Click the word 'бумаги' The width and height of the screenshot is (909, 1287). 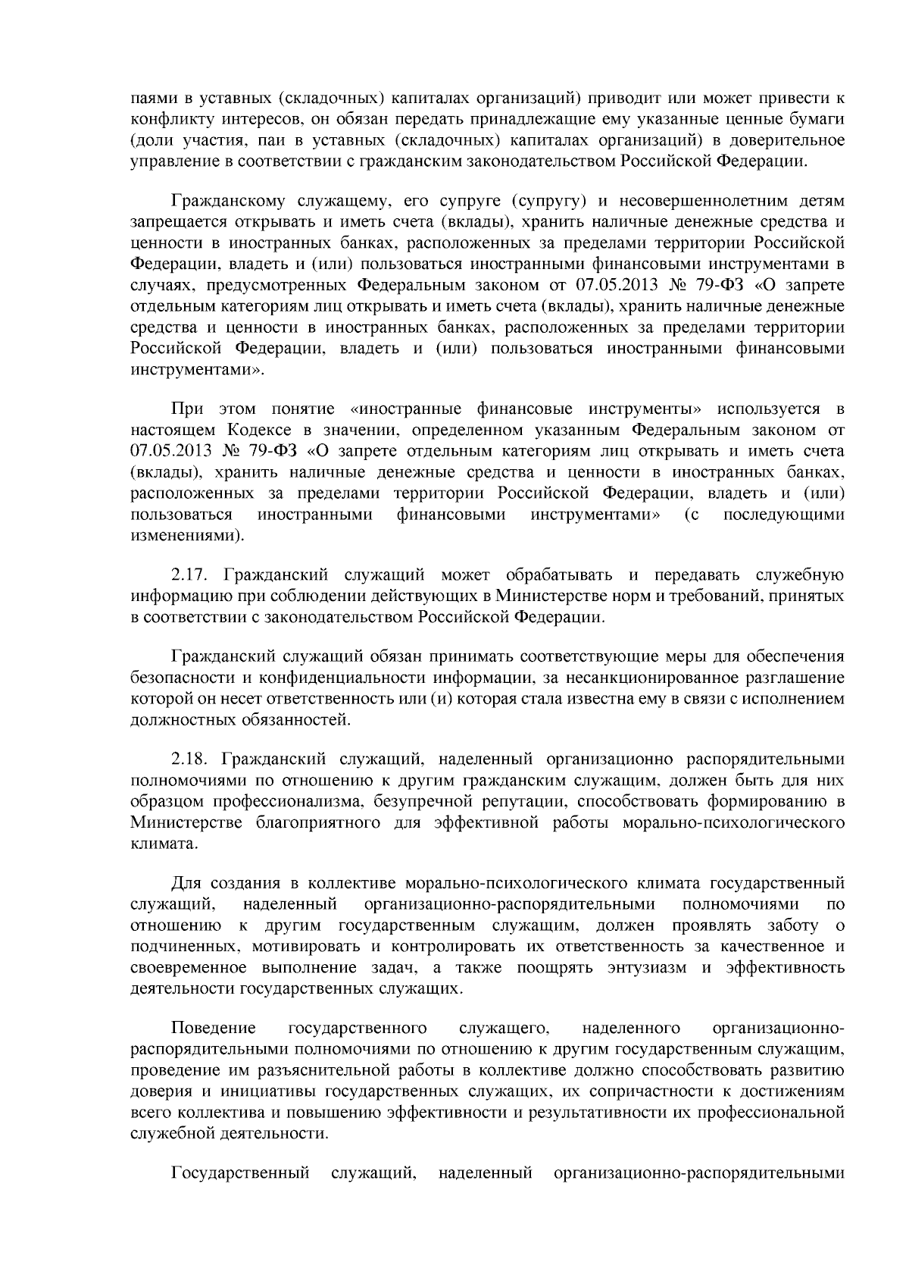(x=820, y=119)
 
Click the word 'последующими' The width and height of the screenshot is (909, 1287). (x=784, y=515)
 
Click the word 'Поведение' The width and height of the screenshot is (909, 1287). (x=214, y=1028)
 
